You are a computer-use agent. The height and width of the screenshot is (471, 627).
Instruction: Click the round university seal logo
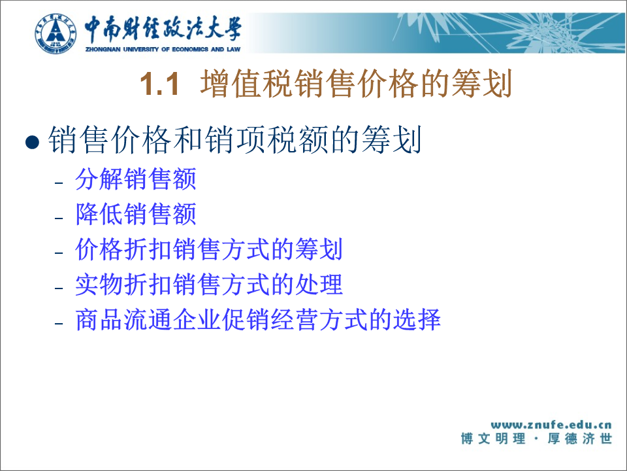click(56, 34)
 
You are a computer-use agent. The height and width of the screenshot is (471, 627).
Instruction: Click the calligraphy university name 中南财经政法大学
click(163, 29)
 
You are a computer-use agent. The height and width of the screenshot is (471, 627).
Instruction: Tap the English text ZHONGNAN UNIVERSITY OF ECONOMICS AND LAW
click(163, 49)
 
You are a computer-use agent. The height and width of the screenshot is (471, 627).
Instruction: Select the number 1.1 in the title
click(159, 84)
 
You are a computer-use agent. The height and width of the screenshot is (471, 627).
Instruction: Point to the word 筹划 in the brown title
click(482, 84)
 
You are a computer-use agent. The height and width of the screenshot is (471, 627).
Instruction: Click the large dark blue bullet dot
click(32, 142)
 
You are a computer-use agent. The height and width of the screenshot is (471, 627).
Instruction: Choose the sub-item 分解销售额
click(136, 179)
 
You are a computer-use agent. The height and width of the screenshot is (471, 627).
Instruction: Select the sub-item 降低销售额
click(136, 214)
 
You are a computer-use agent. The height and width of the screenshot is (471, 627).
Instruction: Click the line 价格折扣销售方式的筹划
click(209, 249)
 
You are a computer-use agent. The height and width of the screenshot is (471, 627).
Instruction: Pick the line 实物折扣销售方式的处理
click(209, 285)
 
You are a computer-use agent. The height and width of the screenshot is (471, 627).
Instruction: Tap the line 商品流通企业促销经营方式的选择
click(258, 320)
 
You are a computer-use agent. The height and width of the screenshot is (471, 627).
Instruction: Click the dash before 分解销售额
click(59, 183)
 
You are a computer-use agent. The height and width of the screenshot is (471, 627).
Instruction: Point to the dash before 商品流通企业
click(59, 323)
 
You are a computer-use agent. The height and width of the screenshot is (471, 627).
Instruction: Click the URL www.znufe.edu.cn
click(551, 425)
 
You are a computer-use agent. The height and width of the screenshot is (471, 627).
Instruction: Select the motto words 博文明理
click(493, 438)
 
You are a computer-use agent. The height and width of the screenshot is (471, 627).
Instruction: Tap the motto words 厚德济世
click(580, 438)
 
